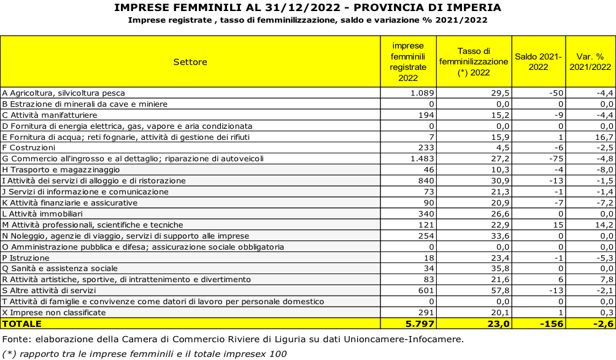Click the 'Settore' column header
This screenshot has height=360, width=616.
190,62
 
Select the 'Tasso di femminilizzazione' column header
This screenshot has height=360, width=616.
474,61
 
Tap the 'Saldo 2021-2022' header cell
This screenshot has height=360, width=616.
538,61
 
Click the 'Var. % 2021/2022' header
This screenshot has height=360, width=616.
590,61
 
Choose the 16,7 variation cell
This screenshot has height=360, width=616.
604,137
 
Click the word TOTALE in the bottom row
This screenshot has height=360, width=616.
22,323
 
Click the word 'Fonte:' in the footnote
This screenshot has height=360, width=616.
15,339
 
